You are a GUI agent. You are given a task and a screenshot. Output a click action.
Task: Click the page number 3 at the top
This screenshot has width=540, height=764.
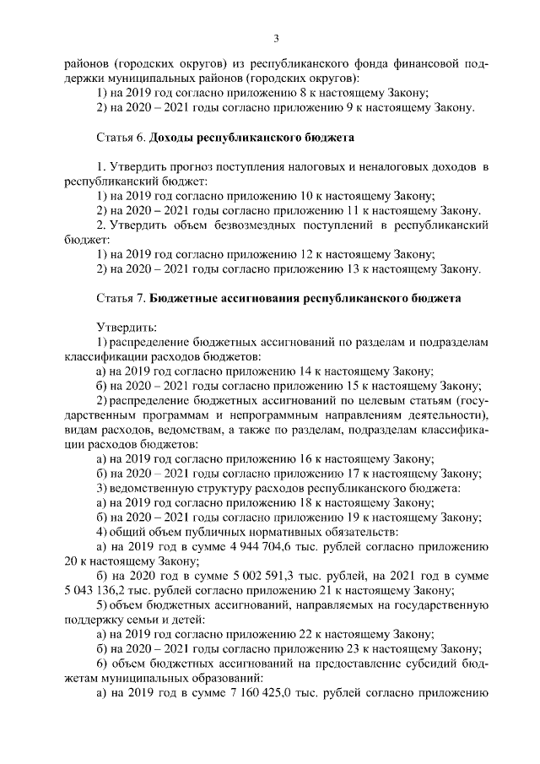[x=276, y=37]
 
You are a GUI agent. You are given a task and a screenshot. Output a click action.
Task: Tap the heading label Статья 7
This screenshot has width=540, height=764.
[x=118, y=298]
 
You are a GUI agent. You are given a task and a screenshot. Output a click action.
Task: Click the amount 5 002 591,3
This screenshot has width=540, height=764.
[x=241, y=576]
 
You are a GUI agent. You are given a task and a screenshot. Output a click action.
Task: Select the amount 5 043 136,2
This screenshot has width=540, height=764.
[x=104, y=590]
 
